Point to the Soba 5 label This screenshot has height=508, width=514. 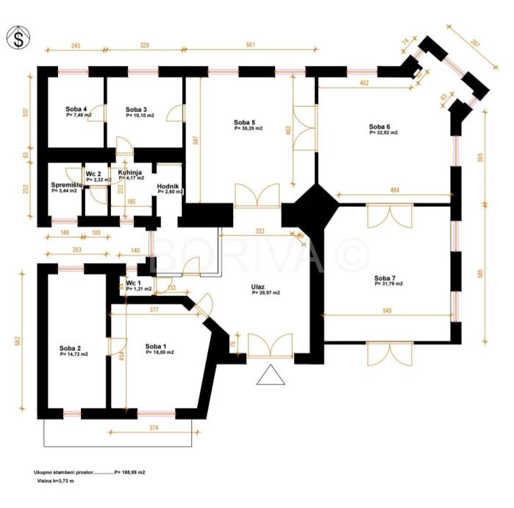[x=245, y=122]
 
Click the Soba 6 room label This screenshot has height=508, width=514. [x=380, y=127]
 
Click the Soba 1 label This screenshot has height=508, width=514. [x=156, y=346]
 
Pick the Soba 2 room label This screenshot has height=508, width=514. [x=71, y=348]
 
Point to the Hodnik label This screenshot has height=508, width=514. [x=168, y=187]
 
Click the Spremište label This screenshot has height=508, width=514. [x=64, y=185]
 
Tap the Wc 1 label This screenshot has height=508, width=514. [x=134, y=283]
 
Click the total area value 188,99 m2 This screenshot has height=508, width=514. [x=130, y=473]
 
